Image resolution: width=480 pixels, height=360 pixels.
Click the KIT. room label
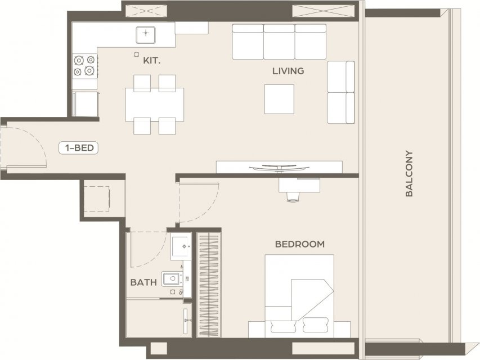tap(152, 61)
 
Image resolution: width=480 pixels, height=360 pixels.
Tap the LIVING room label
tap(288, 71)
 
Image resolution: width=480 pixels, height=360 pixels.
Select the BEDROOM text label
tap(300, 244)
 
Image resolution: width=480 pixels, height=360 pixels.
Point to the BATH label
tap(143, 282)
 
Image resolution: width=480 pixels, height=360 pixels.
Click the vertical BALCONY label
tap(409, 173)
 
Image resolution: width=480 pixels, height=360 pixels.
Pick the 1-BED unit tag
tap(78, 148)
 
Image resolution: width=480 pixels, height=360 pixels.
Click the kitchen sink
tap(146, 35)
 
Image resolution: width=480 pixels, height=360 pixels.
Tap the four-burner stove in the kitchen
tap(85, 66)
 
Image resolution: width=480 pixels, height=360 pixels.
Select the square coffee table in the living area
tap(279, 99)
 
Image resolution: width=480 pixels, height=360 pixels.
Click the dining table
tap(155, 105)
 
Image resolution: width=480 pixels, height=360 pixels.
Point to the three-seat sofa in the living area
tap(279, 42)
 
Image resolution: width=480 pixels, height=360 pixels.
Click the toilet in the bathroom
tap(172, 278)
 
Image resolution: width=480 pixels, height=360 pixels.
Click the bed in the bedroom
tap(299, 296)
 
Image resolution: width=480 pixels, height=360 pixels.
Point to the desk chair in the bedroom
tap(293, 196)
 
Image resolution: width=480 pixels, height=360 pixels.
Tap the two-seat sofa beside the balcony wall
tap(340, 92)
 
